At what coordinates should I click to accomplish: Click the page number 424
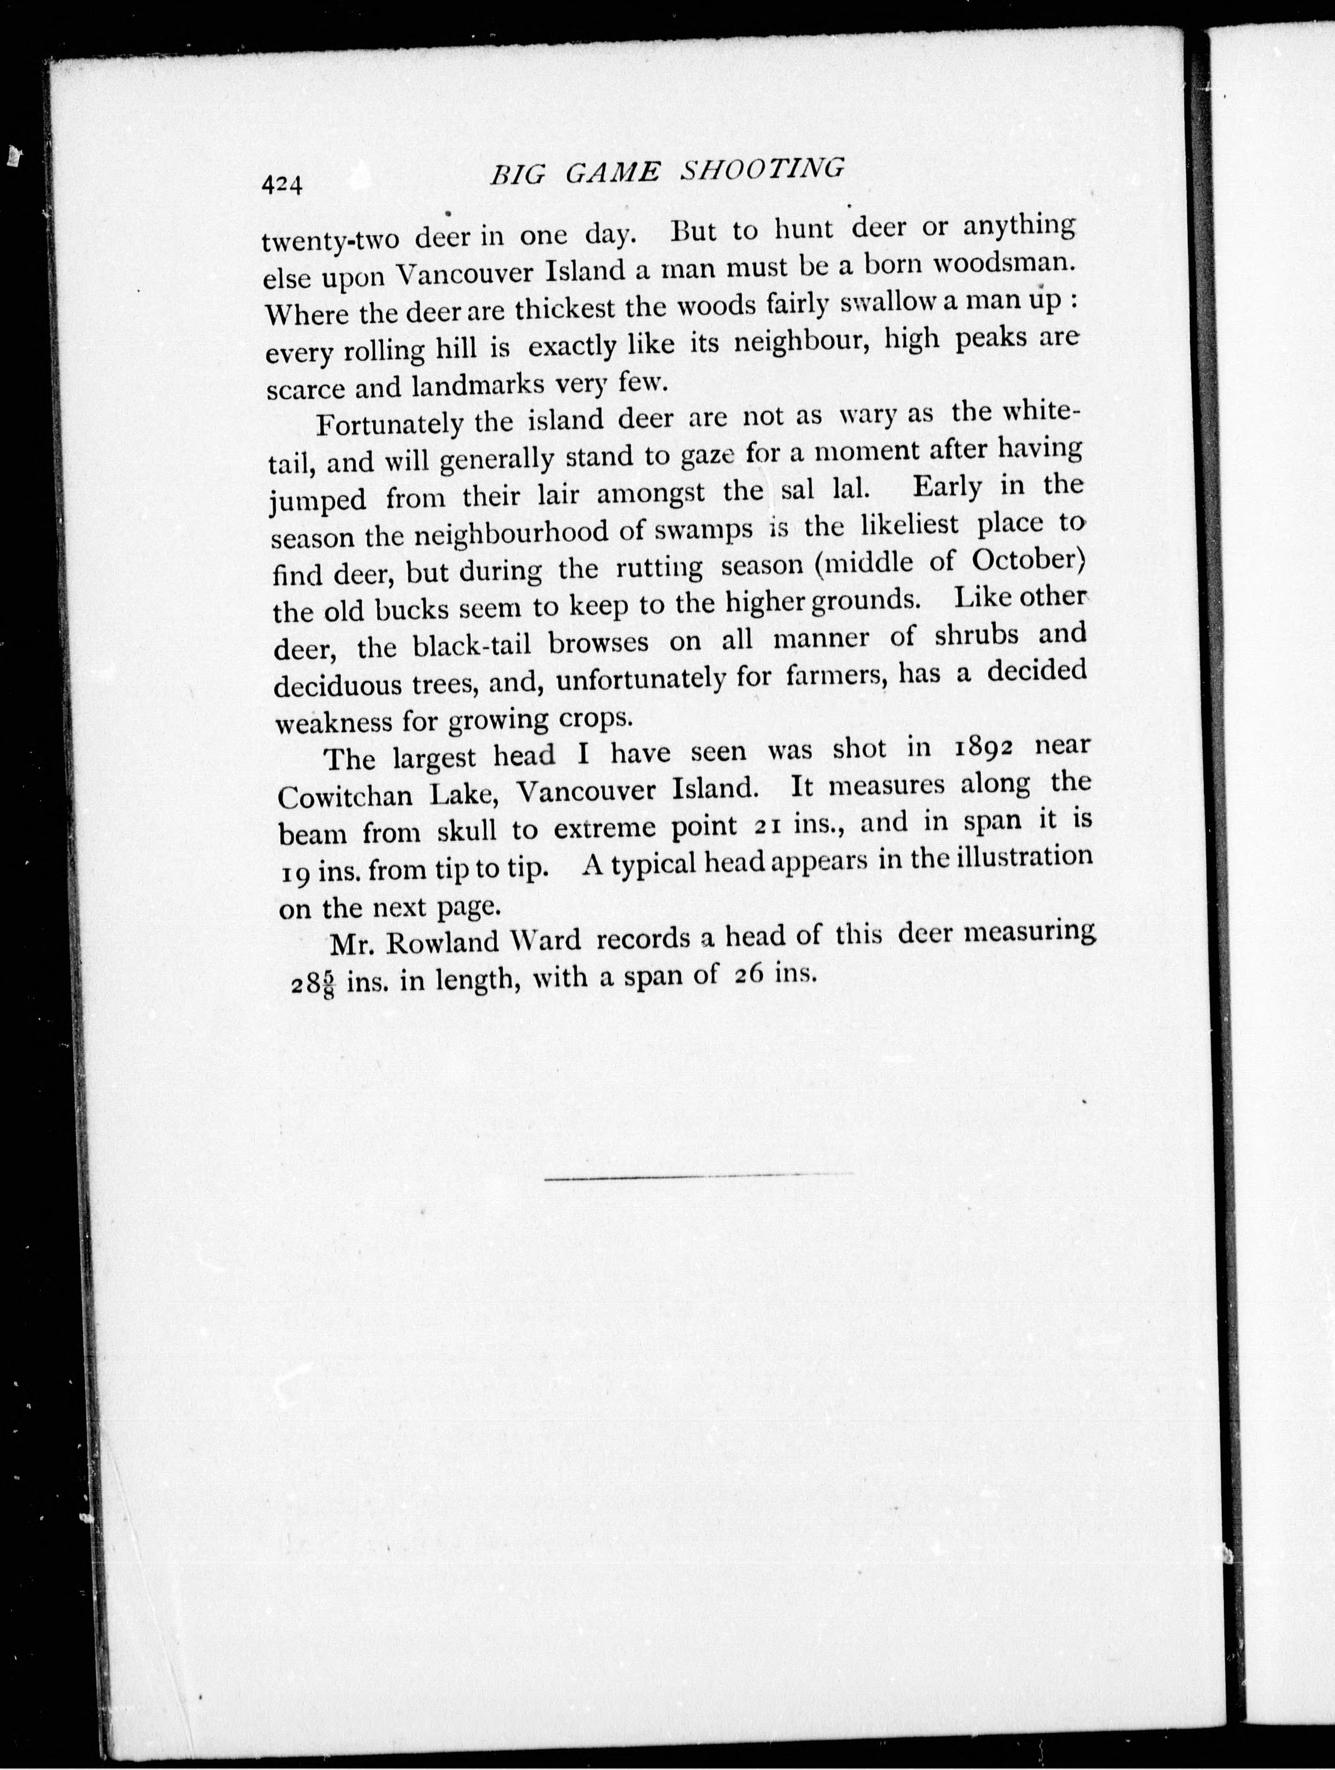click(x=281, y=186)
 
